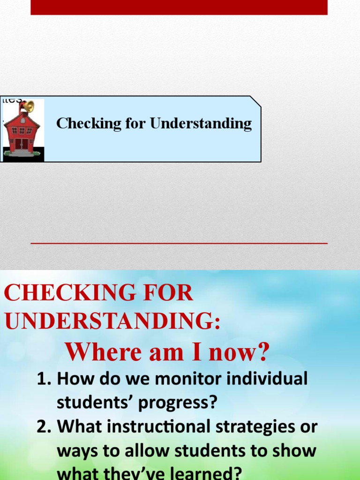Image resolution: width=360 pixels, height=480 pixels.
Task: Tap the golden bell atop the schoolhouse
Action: (28, 106)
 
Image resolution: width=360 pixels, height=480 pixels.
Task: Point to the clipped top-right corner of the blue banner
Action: (255, 101)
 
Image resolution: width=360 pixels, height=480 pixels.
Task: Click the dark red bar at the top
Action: (179, 7)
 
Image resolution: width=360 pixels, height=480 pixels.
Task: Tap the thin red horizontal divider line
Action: (179, 243)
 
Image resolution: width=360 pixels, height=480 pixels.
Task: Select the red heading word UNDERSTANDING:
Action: (112, 322)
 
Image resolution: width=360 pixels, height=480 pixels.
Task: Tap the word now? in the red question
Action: (239, 352)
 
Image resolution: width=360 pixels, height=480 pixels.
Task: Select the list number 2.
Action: (44, 427)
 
